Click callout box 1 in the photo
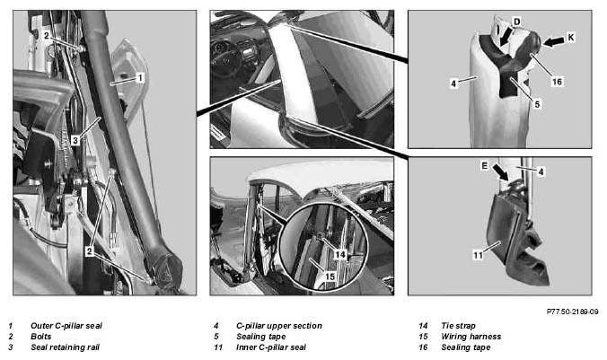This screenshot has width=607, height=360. click(x=140, y=78)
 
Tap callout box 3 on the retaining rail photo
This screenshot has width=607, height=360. click(x=75, y=140)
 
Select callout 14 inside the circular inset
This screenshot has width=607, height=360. click(x=340, y=254)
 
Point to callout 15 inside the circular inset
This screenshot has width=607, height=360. click(x=330, y=277)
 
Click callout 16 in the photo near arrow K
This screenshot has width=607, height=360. click(x=557, y=82)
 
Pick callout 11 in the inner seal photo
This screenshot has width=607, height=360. click(x=478, y=255)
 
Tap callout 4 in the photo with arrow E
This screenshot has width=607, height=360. click(x=541, y=171)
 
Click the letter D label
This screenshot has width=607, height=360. click(x=517, y=22)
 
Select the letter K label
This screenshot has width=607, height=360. click(x=571, y=37)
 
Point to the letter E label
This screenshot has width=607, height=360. click(x=484, y=166)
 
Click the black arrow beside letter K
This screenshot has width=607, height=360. click(x=554, y=42)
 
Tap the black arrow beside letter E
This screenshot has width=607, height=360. click(x=500, y=172)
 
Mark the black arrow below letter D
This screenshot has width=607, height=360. click(x=506, y=38)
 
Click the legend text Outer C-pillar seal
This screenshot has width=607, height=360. click(x=66, y=326)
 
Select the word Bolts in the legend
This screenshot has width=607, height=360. click(x=40, y=337)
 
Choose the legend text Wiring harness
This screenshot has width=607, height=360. click(x=471, y=337)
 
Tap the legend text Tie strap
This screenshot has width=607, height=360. click(x=458, y=326)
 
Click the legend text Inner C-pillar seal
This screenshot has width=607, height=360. click(x=270, y=347)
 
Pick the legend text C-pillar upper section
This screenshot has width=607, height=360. click(x=278, y=326)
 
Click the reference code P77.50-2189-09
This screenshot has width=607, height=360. click(x=573, y=312)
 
